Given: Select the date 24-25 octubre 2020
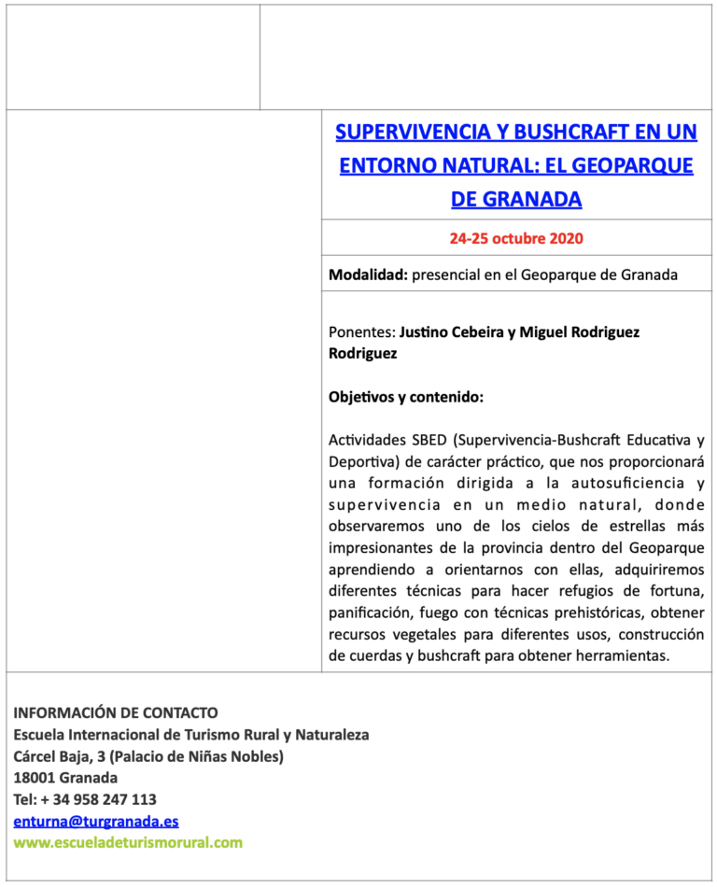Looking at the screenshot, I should pyautogui.click(x=516, y=238).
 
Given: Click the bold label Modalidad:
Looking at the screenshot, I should pyautogui.click(x=368, y=275).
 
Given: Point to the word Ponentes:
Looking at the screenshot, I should pyautogui.click(x=361, y=331).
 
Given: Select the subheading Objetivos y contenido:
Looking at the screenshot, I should pyautogui.click(x=405, y=397).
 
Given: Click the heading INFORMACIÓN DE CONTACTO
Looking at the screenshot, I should pyautogui.click(x=116, y=712).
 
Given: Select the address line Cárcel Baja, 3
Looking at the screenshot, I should pyautogui.click(x=61, y=756).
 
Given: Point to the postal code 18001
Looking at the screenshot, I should pyautogui.click(x=34, y=778).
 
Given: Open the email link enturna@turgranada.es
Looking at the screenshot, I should pyautogui.click(x=96, y=822).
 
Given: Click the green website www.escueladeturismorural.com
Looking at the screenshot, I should pyautogui.click(x=128, y=842).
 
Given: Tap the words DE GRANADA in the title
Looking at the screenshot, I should pyautogui.click(x=516, y=199).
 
